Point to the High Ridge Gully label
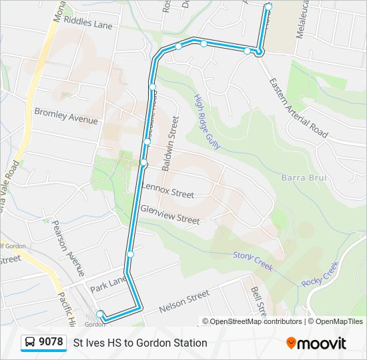tap(207, 121)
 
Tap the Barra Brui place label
tap(303, 178)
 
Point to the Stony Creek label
tap(253, 259)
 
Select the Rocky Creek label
tap(320, 274)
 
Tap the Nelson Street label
tap(183, 301)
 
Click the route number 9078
tap(51, 342)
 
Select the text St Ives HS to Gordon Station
tap(140, 343)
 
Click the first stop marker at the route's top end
tap(268, 7)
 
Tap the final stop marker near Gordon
tap(100, 314)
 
